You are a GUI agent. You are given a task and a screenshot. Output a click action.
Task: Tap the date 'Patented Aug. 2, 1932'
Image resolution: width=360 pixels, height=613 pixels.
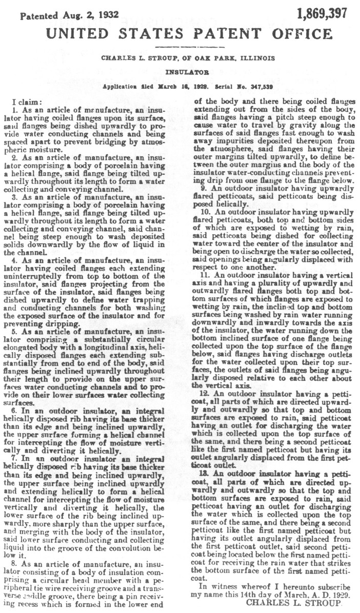69,15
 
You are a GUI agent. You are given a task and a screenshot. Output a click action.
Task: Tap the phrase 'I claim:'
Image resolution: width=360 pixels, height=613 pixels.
24,103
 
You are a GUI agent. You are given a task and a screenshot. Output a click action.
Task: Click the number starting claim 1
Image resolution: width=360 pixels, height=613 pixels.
15,110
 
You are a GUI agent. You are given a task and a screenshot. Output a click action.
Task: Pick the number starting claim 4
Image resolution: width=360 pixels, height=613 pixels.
15,260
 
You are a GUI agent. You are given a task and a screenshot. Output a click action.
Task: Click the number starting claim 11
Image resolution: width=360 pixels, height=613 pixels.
205,274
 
